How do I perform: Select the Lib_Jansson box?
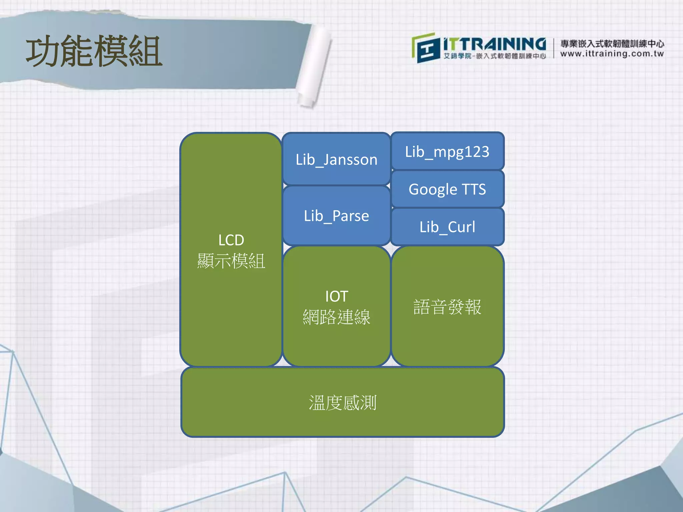coord(336,159)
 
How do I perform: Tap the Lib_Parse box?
coord(336,216)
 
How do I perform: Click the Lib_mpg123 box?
coord(447,152)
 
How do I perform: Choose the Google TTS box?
coord(447,189)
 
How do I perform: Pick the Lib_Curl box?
coord(447,227)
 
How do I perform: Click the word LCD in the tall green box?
coord(231,240)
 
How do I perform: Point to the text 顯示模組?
coord(231,261)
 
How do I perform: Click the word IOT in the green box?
coord(336,296)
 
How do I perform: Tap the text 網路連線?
coord(336,317)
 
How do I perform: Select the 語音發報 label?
coord(447,307)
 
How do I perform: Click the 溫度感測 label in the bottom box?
coord(343,403)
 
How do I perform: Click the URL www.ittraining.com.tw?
coord(612,54)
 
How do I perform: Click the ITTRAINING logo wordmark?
coord(495,44)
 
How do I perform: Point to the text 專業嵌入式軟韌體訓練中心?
coord(612,44)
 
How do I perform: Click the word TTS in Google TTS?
coord(474,189)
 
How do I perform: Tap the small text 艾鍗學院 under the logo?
coord(457,56)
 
